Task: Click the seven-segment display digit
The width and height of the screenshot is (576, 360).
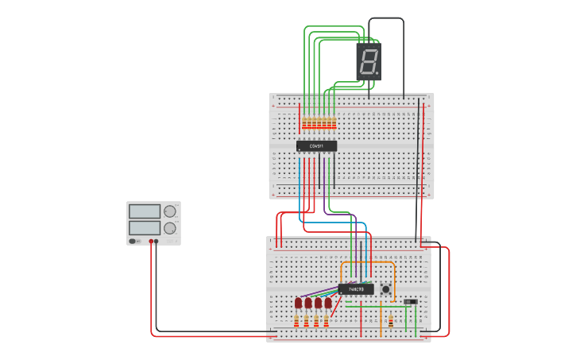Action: click(x=369, y=61)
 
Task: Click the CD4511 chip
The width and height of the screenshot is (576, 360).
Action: click(x=316, y=146)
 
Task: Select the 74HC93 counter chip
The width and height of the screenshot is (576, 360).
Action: click(x=356, y=289)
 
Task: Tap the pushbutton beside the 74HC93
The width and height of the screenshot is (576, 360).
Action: click(x=386, y=289)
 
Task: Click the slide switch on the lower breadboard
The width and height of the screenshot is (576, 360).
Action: click(x=410, y=302)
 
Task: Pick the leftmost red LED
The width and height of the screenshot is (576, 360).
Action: click(x=298, y=303)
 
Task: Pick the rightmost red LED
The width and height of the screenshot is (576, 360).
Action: click(x=327, y=303)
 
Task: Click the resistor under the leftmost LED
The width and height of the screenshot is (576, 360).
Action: click(x=298, y=320)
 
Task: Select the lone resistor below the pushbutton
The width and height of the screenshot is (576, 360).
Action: click(x=390, y=320)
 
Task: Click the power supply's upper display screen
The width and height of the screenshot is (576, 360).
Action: click(x=144, y=211)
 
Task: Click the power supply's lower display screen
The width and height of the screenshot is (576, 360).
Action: click(x=144, y=228)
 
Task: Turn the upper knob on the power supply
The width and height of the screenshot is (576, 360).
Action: click(x=170, y=211)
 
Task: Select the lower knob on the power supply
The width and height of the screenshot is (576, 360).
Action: click(x=170, y=228)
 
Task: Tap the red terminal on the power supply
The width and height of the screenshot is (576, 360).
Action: click(x=151, y=241)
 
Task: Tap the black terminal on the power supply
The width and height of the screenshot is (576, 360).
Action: click(x=157, y=241)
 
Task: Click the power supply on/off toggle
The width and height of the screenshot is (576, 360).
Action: click(x=134, y=241)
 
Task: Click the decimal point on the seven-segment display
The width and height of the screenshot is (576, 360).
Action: click(x=378, y=74)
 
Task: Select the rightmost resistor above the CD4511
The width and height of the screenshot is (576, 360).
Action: click(x=333, y=123)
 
